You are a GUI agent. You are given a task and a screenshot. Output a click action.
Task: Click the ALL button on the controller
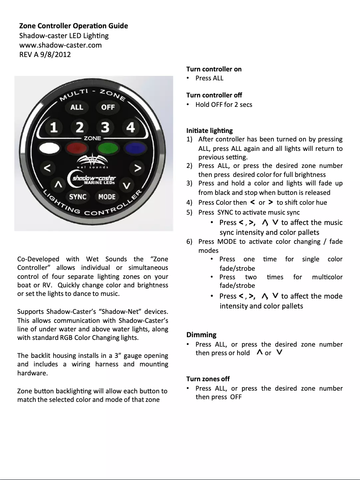77,107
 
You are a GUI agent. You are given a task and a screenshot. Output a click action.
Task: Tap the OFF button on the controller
108,107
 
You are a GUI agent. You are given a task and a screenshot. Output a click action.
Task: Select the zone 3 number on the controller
105,128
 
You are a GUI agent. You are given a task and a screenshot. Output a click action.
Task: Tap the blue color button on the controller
133,147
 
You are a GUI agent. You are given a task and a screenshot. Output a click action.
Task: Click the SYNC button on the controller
78,197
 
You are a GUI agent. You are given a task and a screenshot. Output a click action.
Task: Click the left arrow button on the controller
46,168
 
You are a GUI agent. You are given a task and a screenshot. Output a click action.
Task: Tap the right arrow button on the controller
138,168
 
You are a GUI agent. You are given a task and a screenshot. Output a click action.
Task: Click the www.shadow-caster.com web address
60,45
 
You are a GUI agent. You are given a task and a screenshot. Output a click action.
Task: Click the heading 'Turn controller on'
214,69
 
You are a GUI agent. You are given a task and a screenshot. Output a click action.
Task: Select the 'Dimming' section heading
201,335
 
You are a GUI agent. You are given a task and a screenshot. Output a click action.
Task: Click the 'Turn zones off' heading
208,379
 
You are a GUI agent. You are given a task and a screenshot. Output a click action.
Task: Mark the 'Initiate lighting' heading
209,131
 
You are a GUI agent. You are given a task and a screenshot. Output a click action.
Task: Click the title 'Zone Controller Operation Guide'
73,26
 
